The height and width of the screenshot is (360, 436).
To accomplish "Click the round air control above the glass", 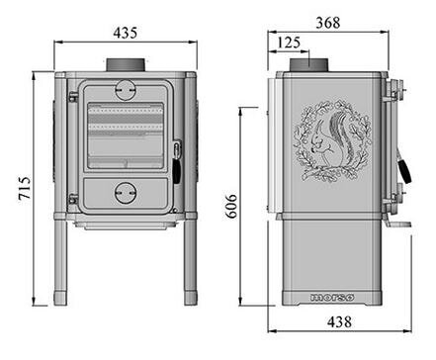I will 125,89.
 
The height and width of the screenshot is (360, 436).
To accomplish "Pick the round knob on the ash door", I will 125,190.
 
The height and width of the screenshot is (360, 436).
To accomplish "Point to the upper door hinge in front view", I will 72,97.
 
